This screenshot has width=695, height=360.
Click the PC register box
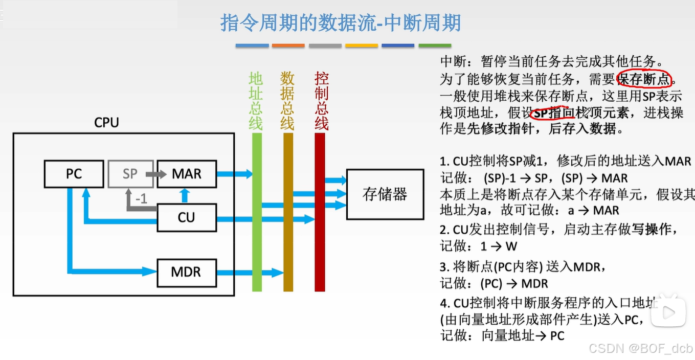click(74, 174)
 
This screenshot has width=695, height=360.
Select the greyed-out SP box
click(130, 174)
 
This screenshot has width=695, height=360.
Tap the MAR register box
click(186, 174)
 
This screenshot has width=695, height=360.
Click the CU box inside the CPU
click(186, 217)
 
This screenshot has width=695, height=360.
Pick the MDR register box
click(186, 272)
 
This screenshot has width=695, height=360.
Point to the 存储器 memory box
click(385, 194)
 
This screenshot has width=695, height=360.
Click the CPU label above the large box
click(106, 123)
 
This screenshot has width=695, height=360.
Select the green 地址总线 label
click(256, 101)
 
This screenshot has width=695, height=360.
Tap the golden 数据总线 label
click(287, 101)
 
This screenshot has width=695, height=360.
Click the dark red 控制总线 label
click(321, 101)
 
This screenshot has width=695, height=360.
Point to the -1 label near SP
click(141, 199)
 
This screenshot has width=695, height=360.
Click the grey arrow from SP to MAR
click(156, 174)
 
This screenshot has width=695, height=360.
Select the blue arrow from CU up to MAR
click(185, 195)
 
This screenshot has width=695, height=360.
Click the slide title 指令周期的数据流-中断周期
click(341, 22)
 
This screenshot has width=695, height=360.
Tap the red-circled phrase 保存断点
click(644, 79)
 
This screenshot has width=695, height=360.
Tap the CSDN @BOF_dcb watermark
click(641, 349)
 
